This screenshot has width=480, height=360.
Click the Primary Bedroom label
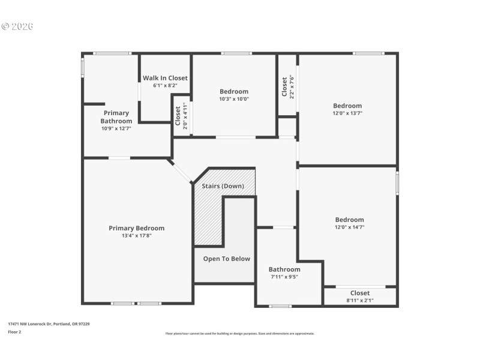click(x=136, y=228)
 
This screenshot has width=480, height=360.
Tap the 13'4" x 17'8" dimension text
click(x=136, y=236)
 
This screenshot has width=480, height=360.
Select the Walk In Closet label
click(x=165, y=78)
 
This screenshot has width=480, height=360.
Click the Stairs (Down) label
click(x=223, y=186)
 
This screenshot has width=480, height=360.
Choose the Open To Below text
click(x=226, y=259)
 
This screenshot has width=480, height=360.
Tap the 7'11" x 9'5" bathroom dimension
click(x=284, y=277)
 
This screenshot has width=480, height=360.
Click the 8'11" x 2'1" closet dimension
click(x=360, y=300)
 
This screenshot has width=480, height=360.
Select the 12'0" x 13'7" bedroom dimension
click(x=347, y=113)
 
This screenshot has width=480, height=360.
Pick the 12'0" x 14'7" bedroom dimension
click(x=349, y=227)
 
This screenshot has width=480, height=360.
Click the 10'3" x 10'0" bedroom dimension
click(x=233, y=99)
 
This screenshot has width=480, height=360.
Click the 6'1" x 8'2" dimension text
click(x=165, y=86)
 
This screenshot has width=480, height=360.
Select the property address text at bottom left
click(x=49, y=323)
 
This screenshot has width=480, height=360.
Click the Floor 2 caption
click(x=14, y=332)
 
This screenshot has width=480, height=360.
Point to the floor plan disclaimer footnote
click(x=239, y=334)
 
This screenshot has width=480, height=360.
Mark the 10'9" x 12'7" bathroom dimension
click(x=116, y=128)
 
